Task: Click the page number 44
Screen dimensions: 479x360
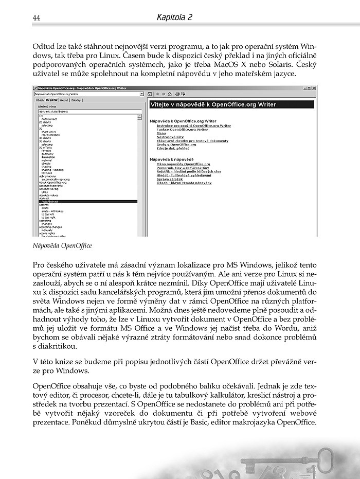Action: (x=37, y=18)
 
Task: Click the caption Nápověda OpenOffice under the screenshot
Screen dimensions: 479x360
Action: (x=62, y=246)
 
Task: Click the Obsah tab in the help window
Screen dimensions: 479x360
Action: (x=40, y=100)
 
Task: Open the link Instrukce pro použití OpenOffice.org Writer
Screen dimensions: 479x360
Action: (x=194, y=125)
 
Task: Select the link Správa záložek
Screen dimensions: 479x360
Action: (x=171, y=179)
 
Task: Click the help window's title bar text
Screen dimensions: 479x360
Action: (x=77, y=88)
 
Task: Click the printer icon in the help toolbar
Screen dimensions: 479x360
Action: (x=176, y=94)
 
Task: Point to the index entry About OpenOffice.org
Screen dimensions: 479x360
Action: (x=53, y=182)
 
